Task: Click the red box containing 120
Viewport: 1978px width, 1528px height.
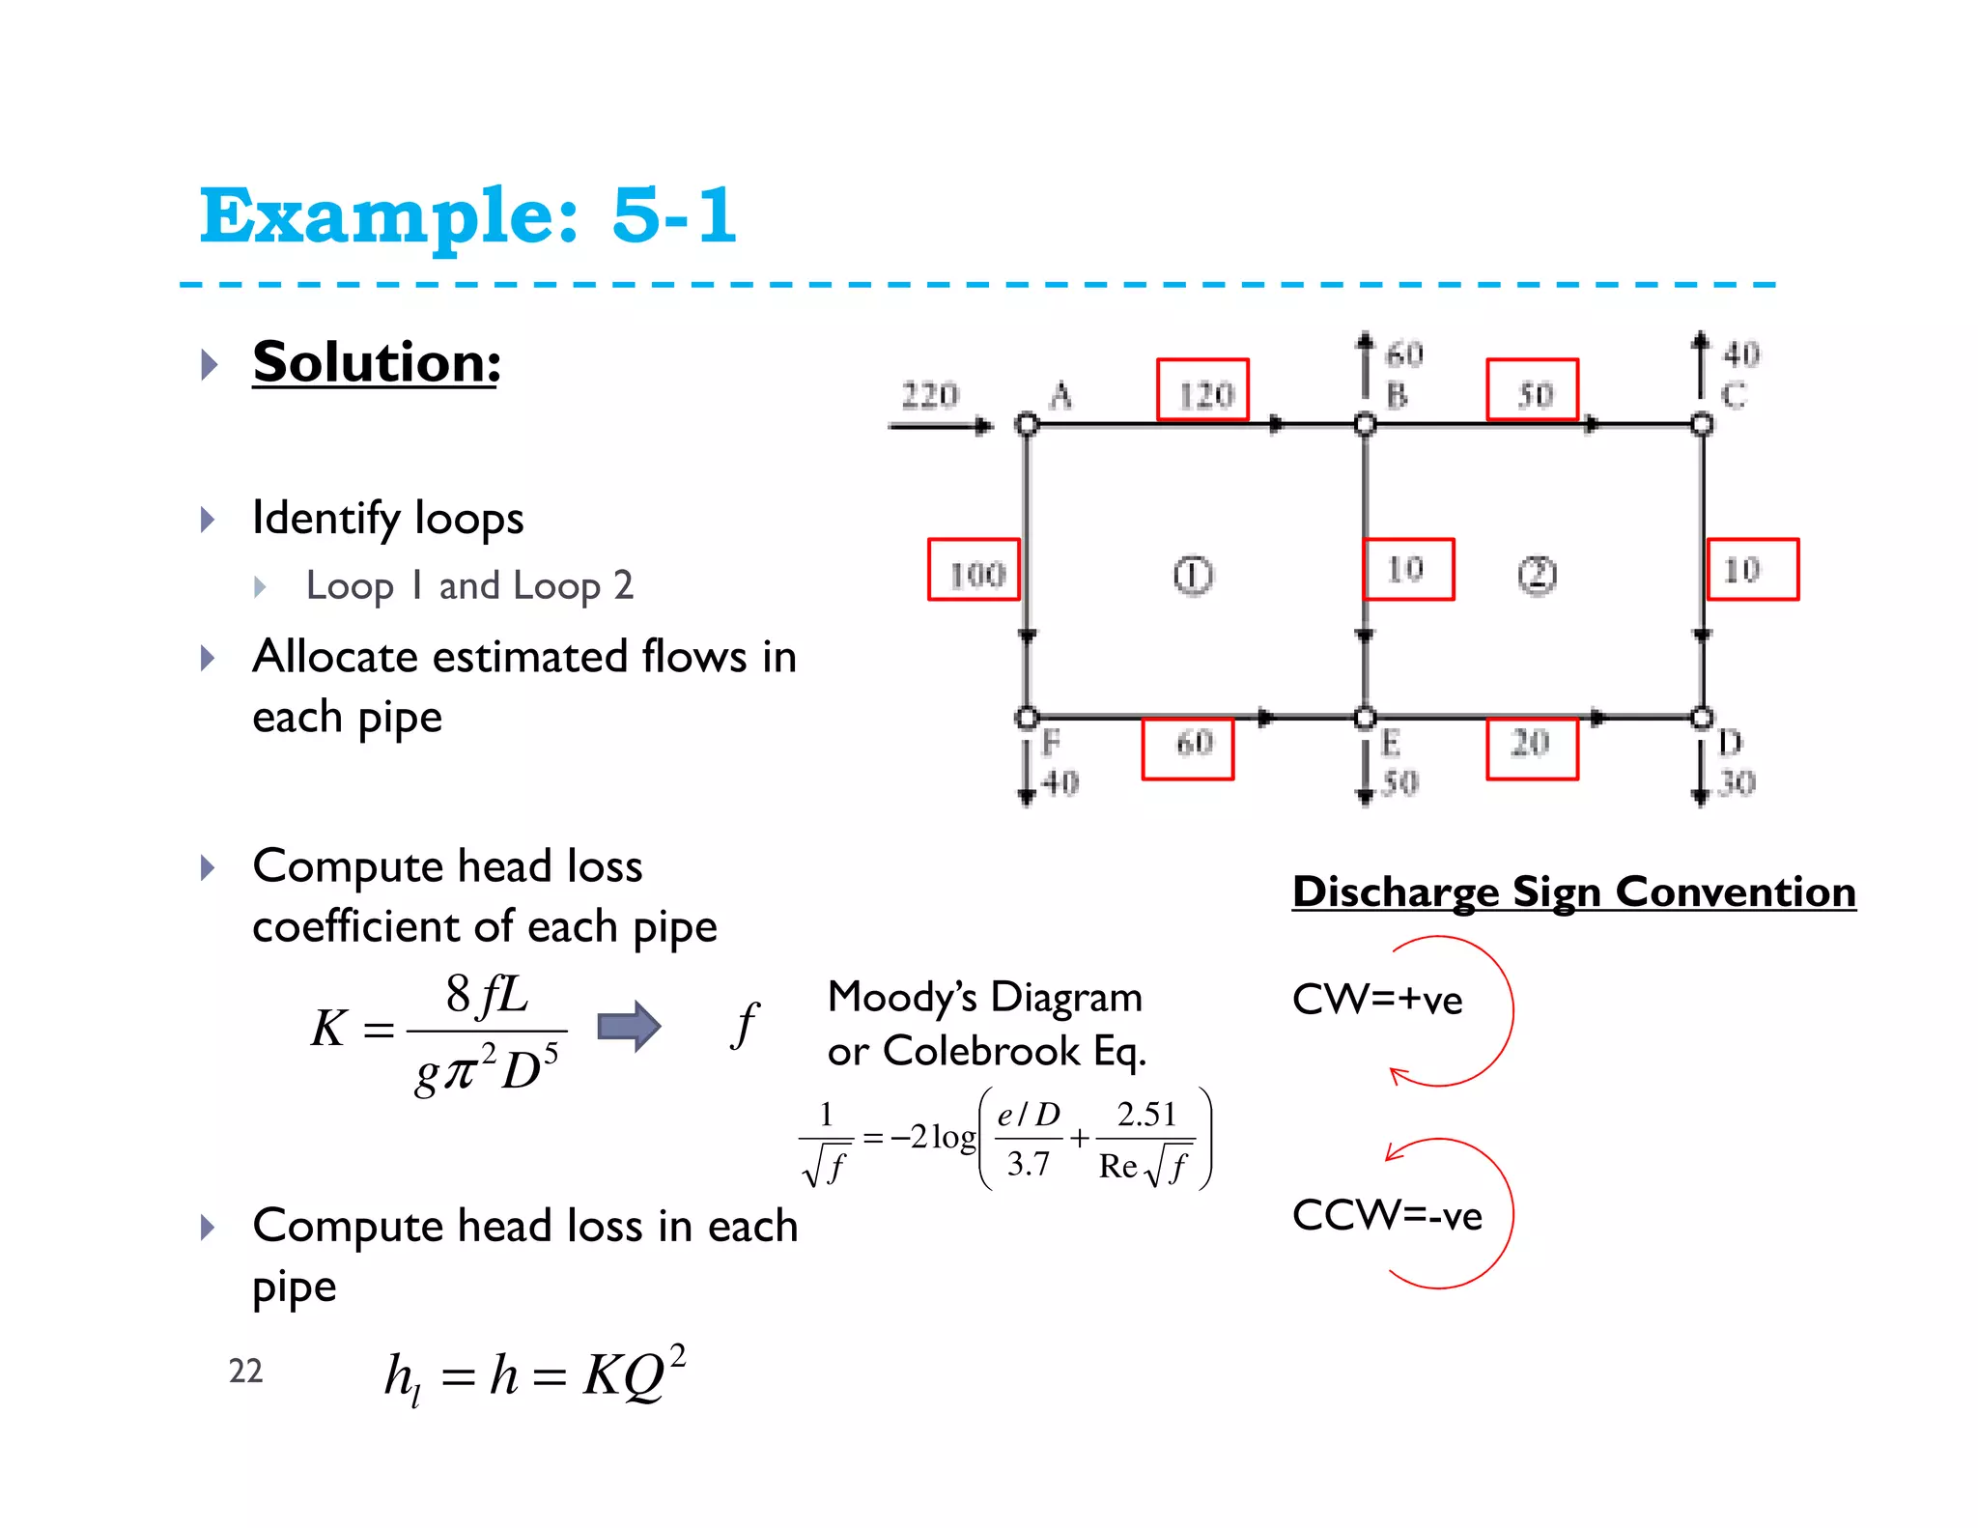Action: click(x=1202, y=389)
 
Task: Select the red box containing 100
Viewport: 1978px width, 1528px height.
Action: click(x=974, y=570)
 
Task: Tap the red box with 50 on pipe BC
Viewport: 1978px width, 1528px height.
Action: click(x=1532, y=389)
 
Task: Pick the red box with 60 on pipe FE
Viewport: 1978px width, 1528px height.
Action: click(x=1188, y=749)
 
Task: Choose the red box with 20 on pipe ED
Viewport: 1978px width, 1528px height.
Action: click(x=1532, y=749)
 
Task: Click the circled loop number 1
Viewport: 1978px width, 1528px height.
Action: click(x=1193, y=575)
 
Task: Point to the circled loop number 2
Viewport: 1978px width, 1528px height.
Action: click(x=1537, y=575)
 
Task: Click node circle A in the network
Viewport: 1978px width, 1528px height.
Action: click(x=1027, y=424)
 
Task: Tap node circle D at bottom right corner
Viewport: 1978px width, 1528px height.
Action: click(x=1702, y=718)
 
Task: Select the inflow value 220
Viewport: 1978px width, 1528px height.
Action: click(x=929, y=395)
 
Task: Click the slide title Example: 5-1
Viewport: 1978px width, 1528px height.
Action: click(x=468, y=215)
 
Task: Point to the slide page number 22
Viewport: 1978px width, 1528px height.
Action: click(x=245, y=1371)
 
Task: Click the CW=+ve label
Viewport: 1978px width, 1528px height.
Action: click(x=1376, y=1000)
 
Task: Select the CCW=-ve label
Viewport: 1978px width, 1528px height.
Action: click(x=1386, y=1215)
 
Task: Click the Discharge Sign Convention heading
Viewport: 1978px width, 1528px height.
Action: click(x=1573, y=891)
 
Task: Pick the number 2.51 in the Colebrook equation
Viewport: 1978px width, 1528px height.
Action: click(x=1146, y=1115)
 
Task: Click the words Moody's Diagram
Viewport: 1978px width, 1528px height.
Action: click(x=984, y=997)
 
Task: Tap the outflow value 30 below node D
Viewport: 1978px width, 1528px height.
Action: click(x=1737, y=782)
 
